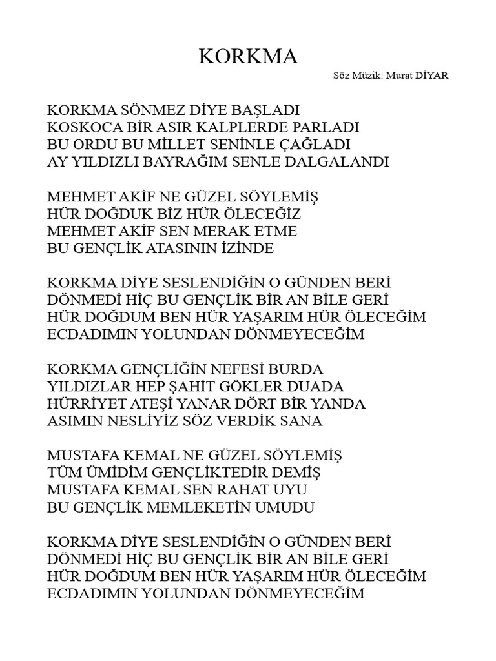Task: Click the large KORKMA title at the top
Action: click(248, 57)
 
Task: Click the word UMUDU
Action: click(291, 508)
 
